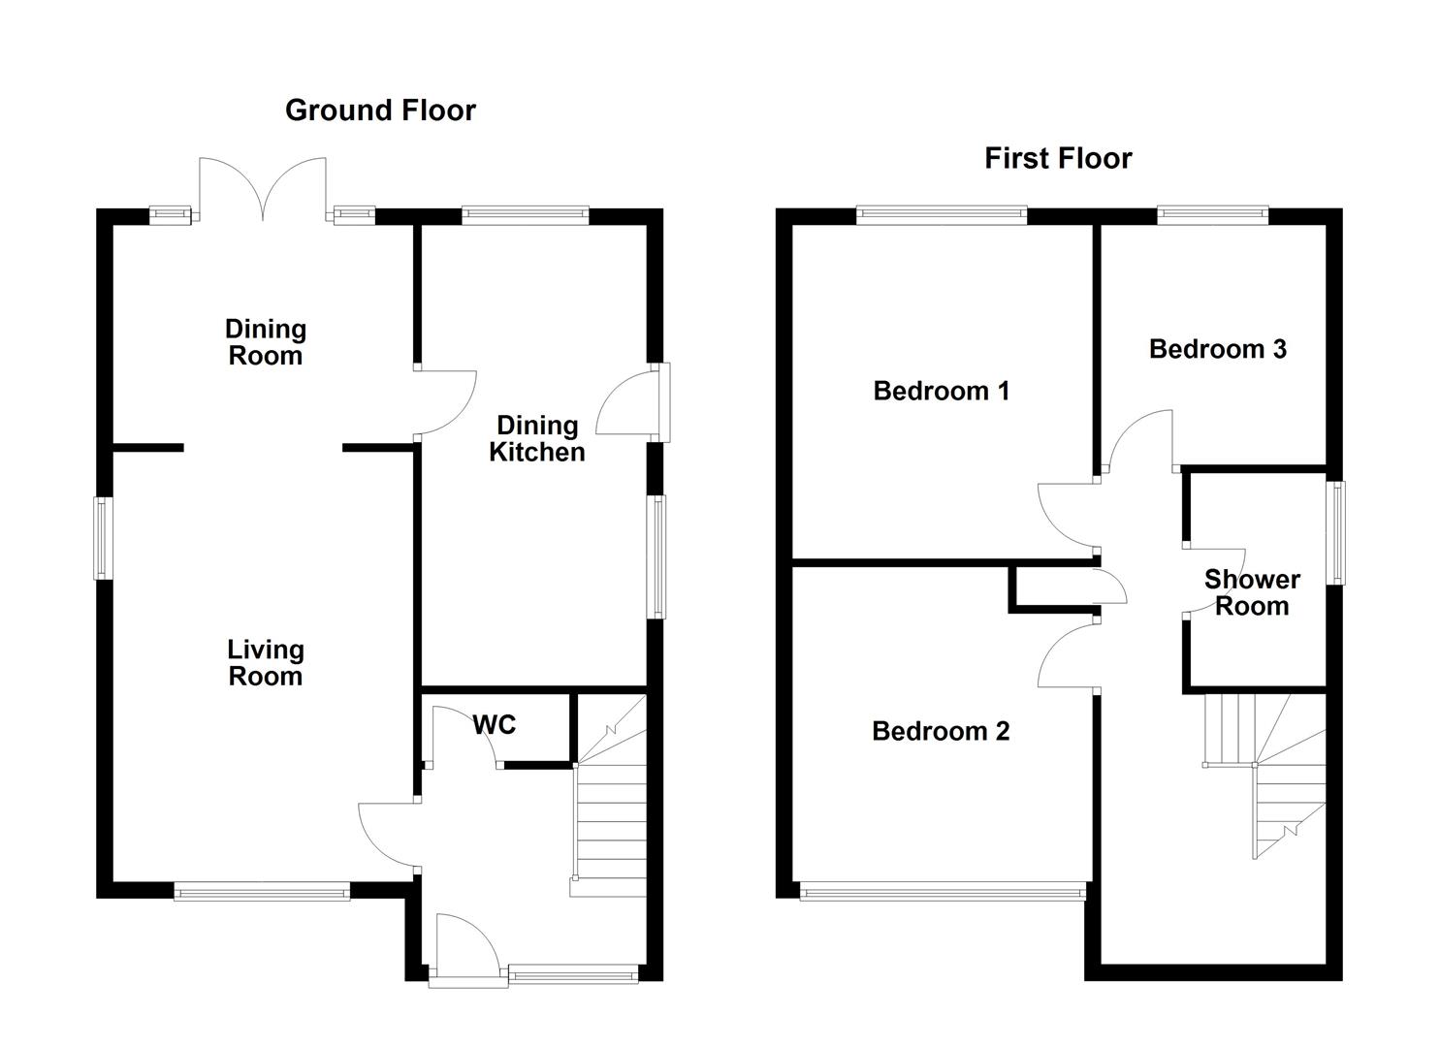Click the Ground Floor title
pos(380,111)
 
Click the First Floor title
pos(1058,158)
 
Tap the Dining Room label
pos(265,342)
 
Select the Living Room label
pos(265,663)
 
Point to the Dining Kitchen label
pos(536,438)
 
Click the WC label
pos(495,724)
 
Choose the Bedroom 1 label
pos(941,391)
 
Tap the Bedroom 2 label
pos(941,731)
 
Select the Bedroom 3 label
pos(1217,349)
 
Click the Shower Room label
pos(1252,592)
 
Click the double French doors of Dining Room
pos(263,189)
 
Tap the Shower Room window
pos(1337,532)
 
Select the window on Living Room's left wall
pos(103,538)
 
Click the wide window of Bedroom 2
pos(941,892)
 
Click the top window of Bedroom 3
pos(1212,215)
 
